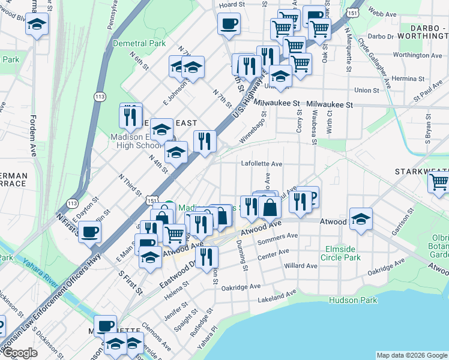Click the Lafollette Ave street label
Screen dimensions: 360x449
[262, 163]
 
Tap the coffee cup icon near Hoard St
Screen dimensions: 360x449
[228, 25]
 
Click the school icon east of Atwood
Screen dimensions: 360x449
[361, 220]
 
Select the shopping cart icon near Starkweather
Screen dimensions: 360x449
[439, 181]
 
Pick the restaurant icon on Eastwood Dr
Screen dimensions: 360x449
[206, 257]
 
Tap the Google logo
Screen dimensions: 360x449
[20, 353]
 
